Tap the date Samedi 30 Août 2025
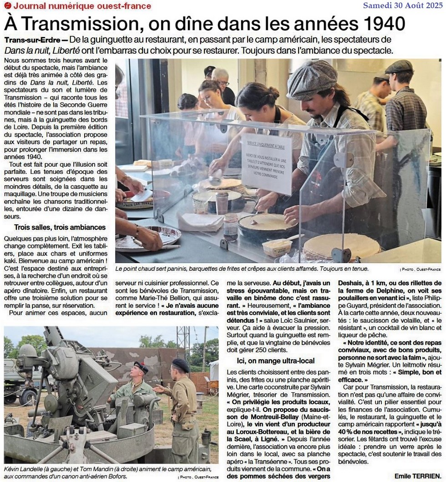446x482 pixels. click(x=402, y=5)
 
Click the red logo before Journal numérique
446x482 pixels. click(x=7, y=6)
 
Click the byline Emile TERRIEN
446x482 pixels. click(x=417, y=476)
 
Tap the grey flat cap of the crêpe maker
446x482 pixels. click(x=312, y=79)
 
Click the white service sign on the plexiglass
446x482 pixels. click(x=266, y=162)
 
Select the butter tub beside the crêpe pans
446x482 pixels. click(x=277, y=247)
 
